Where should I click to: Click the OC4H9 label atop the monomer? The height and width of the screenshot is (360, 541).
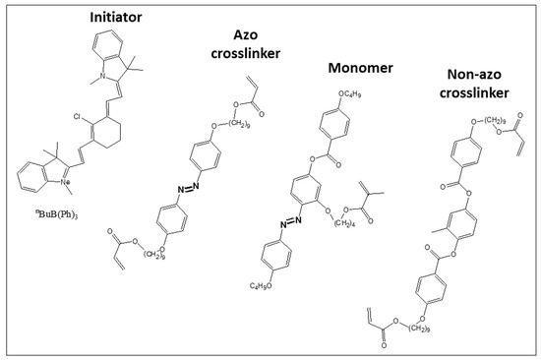[355, 94]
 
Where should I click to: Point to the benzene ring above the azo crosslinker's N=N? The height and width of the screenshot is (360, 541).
[210, 157]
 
